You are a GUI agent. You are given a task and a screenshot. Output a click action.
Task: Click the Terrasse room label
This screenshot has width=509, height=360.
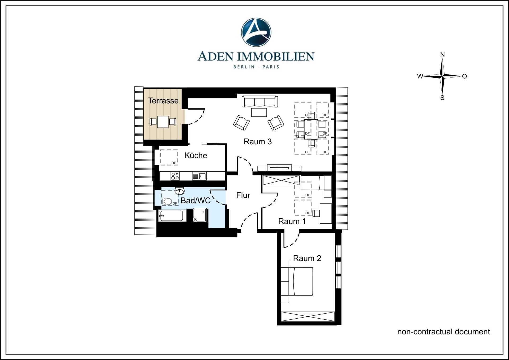pyautogui.click(x=163, y=101)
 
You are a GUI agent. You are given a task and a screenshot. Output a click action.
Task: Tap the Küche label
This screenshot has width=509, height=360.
pyautogui.click(x=196, y=155)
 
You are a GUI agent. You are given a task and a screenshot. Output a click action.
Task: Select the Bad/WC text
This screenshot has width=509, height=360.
pyautogui.click(x=196, y=201)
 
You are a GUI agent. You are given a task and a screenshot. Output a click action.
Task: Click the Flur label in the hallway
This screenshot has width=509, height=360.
pyautogui.click(x=243, y=196)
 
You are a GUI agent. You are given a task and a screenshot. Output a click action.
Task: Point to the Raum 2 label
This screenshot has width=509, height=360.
pyautogui.click(x=307, y=258)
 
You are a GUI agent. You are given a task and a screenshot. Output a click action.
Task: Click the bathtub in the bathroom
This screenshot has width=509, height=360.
pyautogui.click(x=172, y=216)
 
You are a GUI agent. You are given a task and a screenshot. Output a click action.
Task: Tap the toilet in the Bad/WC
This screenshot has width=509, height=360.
pyautogui.click(x=167, y=201)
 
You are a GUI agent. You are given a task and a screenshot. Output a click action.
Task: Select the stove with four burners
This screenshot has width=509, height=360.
pyautogui.click(x=175, y=176)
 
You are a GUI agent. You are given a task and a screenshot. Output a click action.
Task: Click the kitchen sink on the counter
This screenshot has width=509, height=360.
pyautogui.click(x=202, y=176)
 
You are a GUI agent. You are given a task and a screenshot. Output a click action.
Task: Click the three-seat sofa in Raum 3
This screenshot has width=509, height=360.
pyautogui.click(x=260, y=102)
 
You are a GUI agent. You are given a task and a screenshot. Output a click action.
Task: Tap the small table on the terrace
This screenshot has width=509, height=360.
pyautogui.click(x=163, y=122)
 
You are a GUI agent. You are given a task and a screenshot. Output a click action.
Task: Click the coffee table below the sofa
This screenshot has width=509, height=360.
pyautogui.click(x=259, y=112)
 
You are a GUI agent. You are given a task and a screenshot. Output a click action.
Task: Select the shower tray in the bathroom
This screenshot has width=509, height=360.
pyautogui.click(x=200, y=215)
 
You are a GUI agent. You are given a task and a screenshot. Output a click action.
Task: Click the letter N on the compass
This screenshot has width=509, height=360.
pyautogui.click(x=442, y=55)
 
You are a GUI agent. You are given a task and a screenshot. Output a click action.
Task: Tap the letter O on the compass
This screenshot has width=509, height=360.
pyautogui.click(x=464, y=76)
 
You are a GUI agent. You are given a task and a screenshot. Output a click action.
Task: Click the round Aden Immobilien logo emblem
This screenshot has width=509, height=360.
pyautogui.click(x=256, y=32)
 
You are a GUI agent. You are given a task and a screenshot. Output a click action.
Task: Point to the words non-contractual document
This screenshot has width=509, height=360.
pyautogui.click(x=443, y=332)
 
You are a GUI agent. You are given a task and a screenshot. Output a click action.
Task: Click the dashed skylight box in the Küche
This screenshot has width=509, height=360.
pyautogui.click(x=169, y=157)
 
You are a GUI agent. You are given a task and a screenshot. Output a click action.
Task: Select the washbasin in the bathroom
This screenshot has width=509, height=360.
pyautogui.click(x=179, y=191)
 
